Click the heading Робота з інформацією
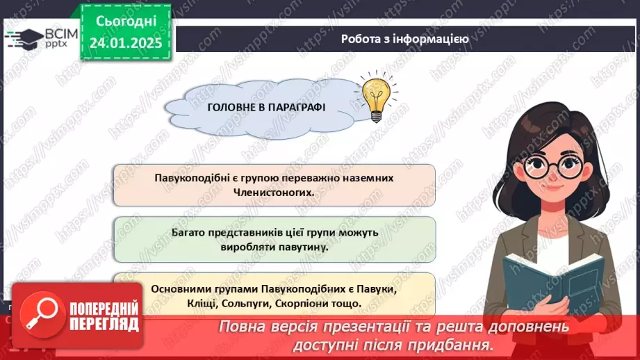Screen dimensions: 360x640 click(x=404, y=39)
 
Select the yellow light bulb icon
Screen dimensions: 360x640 click(x=375, y=99)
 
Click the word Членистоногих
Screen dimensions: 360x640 click(x=273, y=193)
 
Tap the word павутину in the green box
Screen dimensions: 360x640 click(x=302, y=246)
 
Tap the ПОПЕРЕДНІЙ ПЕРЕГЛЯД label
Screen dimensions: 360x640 click(x=103, y=317)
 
